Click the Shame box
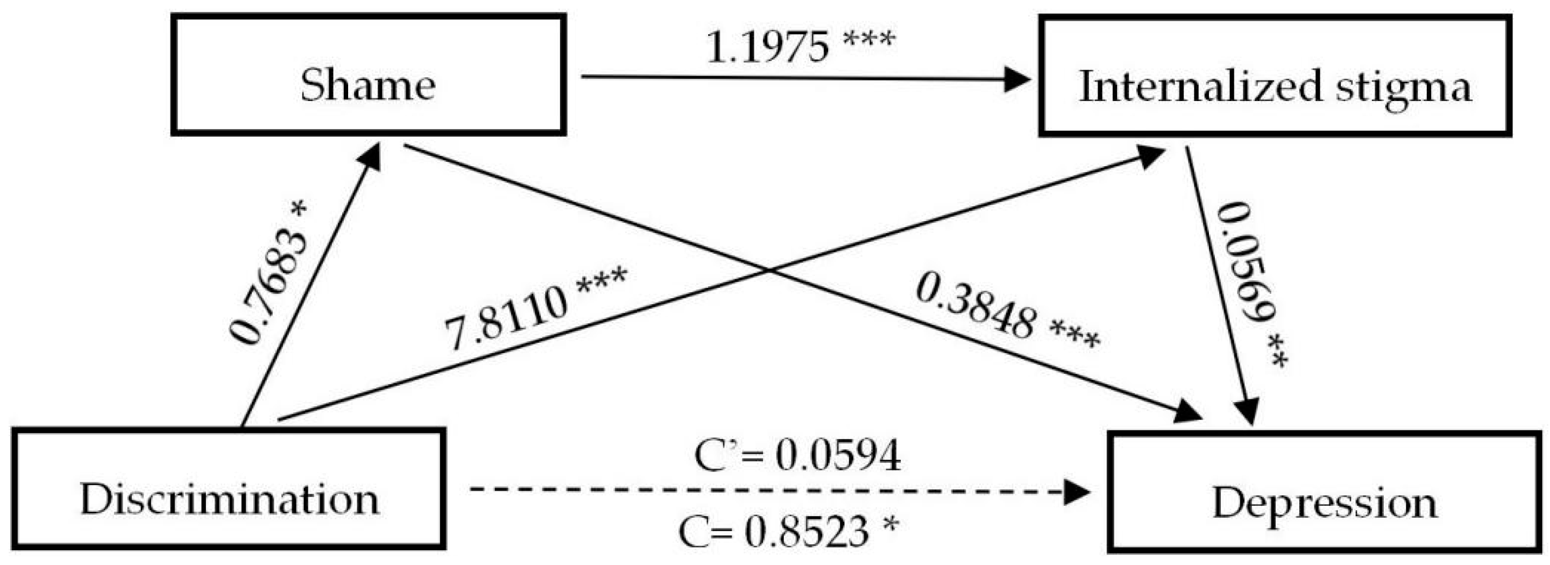coord(368,74)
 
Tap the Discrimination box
coord(229,488)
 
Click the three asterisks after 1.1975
coord(869,39)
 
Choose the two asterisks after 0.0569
coord(1276,359)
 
